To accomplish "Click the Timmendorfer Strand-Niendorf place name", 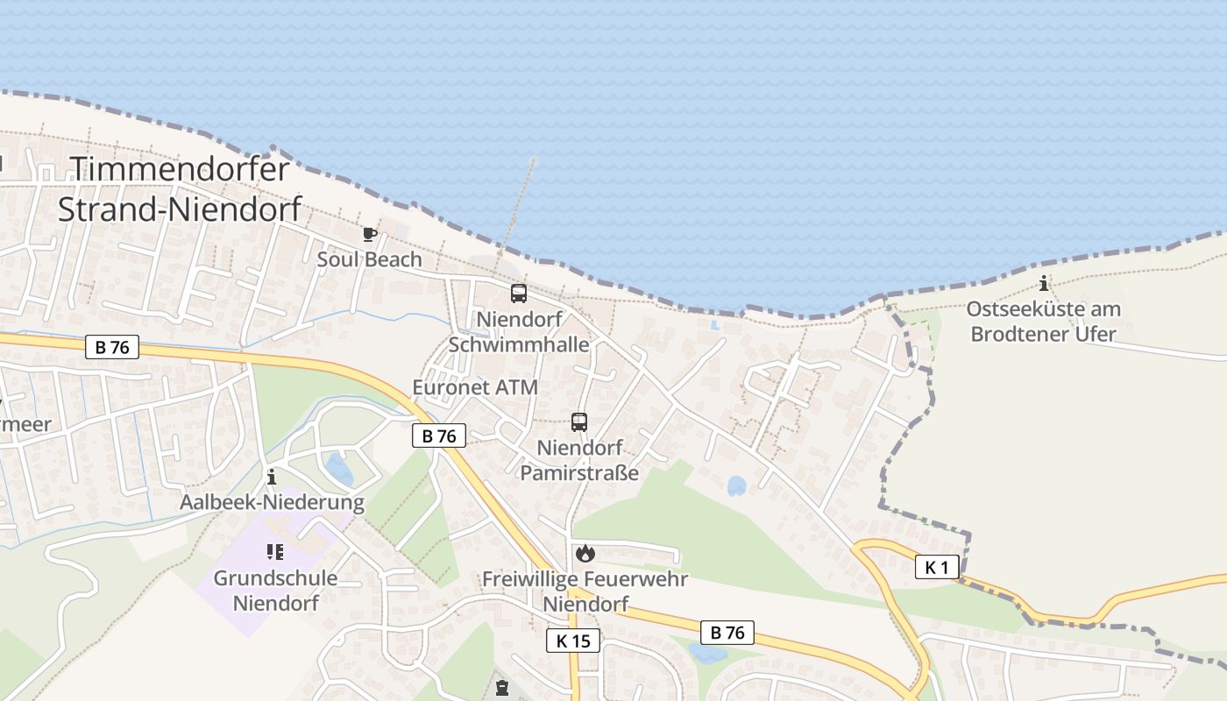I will [180, 188].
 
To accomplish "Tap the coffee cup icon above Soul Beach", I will [369, 234].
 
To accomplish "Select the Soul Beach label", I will [369, 259].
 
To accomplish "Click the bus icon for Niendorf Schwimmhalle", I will [519, 294].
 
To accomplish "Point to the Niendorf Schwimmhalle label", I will [519, 331].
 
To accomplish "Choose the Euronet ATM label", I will [475, 387].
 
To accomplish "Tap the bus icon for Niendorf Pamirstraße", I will [579, 422].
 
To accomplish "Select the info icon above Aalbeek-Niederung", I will [272, 477].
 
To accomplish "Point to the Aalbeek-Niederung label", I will [272, 502].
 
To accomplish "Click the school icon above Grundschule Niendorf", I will [274, 552].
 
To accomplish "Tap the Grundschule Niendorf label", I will [276, 591].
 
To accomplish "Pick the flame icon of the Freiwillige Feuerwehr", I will [585, 553].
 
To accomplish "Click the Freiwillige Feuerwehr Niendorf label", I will [585, 591].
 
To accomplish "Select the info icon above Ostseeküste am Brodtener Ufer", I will [1043, 283].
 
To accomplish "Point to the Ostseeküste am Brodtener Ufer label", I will [1043, 322].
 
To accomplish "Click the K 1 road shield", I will [937, 568].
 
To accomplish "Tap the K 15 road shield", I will [573, 641].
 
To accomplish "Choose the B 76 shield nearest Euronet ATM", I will [439, 435].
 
